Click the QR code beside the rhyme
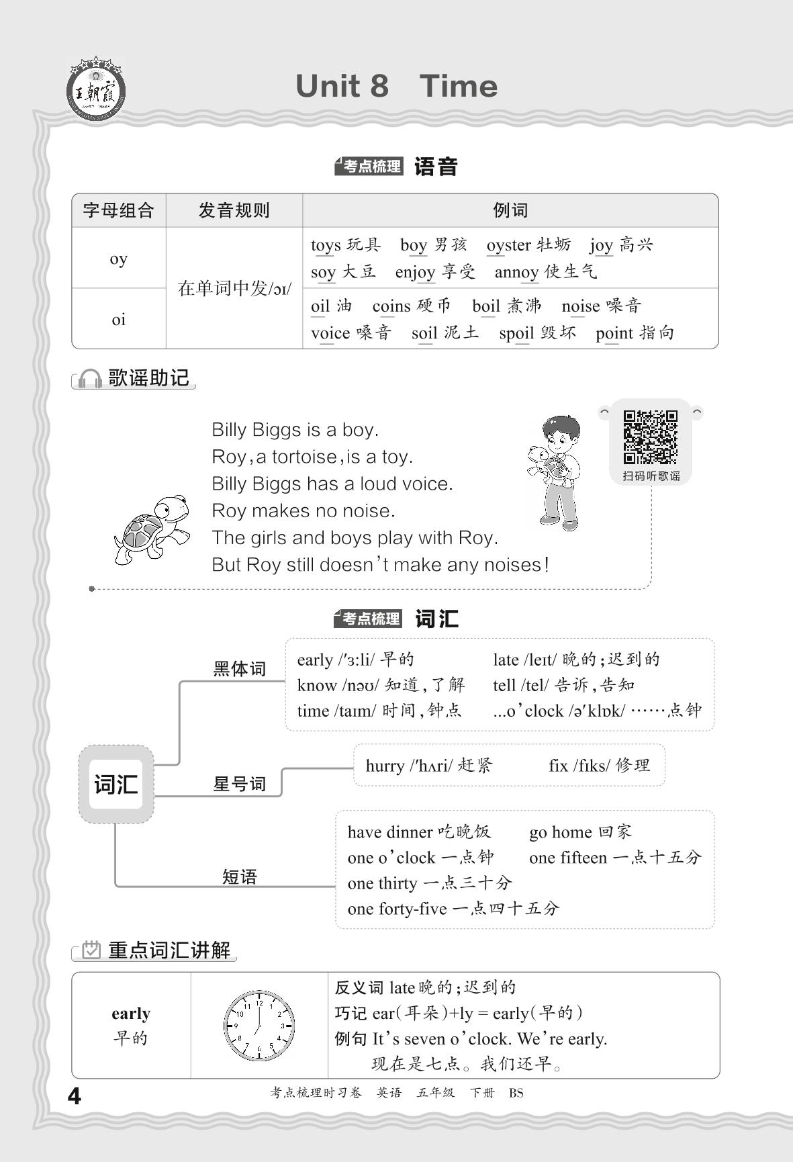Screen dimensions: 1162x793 coord(650,437)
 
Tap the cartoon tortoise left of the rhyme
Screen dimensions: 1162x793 coord(152,529)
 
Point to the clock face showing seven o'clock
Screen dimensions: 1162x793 coord(259,1026)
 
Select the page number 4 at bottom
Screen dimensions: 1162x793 coord(75,1096)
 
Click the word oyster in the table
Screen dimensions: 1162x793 coord(508,245)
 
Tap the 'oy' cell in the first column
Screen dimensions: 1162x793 coord(119,259)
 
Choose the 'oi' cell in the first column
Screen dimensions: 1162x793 coord(119,320)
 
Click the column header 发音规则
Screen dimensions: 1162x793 coord(234,211)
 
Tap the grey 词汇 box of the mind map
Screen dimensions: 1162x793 coord(116,784)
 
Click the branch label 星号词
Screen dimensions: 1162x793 coord(239,784)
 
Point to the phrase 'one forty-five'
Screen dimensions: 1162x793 coord(397,909)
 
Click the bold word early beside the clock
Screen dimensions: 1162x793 coord(131,1014)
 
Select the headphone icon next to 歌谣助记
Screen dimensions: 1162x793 coord(89,379)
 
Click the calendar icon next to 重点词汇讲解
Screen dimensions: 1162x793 coord(91,950)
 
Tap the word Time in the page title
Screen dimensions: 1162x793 coord(458,87)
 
